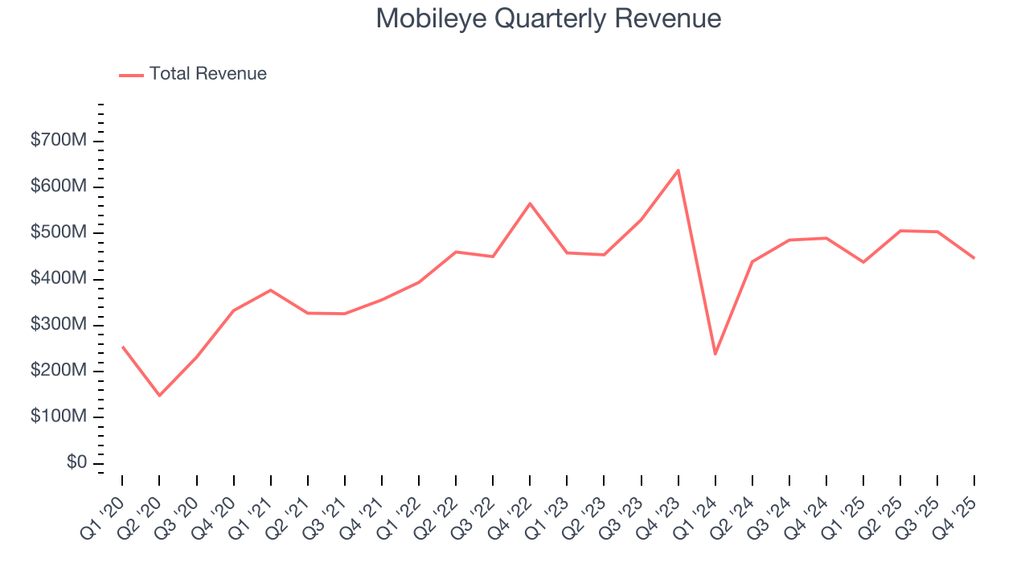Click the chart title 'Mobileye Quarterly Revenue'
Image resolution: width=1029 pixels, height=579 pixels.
click(x=548, y=18)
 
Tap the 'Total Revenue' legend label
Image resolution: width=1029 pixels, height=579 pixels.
click(x=207, y=74)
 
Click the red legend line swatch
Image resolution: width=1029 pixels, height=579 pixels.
click(x=131, y=75)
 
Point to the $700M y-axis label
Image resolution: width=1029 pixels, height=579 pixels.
click(x=58, y=141)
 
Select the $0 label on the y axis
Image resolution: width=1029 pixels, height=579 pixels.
click(x=76, y=463)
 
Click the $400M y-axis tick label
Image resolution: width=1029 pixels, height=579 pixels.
click(x=58, y=279)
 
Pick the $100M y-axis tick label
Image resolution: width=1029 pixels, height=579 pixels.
click(x=58, y=417)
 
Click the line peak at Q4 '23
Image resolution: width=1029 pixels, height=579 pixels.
click(x=678, y=170)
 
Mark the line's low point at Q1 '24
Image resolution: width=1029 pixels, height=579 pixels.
click(x=715, y=354)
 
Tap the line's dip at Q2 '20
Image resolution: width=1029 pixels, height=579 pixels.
click(x=159, y=396)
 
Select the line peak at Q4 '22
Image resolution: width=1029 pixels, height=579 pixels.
click(x=530, y=203)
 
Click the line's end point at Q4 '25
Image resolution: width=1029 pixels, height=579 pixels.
click(x=974, y=258)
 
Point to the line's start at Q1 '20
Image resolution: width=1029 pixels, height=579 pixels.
click(x=122, y=347)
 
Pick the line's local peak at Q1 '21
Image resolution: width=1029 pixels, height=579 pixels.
click(x=270, y=289)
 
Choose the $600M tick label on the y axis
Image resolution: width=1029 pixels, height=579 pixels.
click(x=58, y=187)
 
